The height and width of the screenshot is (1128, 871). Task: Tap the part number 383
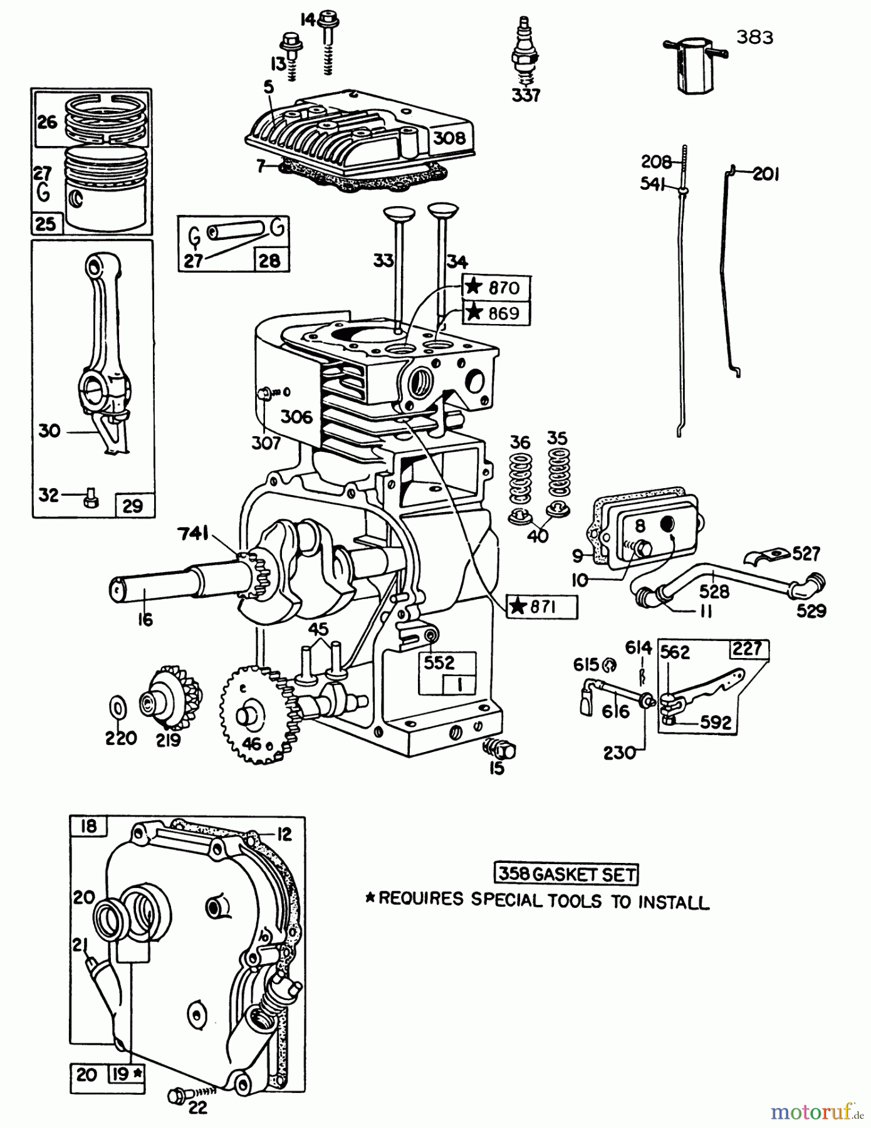coord(754,38)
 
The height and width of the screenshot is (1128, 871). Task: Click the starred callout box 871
coord(541,607)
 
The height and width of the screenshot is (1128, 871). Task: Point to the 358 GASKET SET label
coord(566,874)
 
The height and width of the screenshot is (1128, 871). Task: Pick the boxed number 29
coord(133,505)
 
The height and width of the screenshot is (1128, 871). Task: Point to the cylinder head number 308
coord(449,137)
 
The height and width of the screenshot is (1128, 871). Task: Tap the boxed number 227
coord(748,649)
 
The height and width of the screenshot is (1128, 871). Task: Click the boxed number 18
coord(88,826)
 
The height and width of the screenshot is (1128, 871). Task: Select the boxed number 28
coord(270,260)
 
